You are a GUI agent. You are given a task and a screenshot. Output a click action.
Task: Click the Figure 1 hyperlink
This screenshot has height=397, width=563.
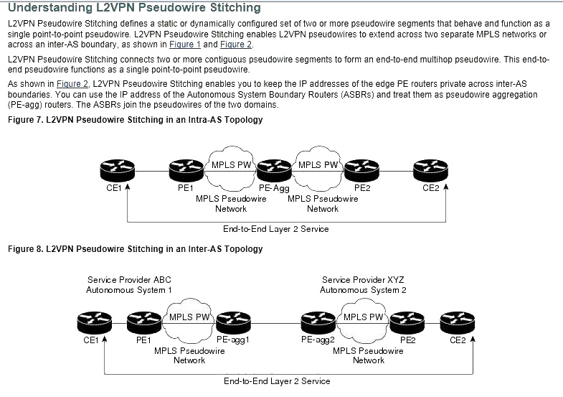point(185,45)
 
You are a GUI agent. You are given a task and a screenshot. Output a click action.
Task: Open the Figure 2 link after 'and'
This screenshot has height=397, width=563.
point(236,45)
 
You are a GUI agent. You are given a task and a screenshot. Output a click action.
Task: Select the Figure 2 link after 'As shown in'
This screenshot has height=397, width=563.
point(72,84)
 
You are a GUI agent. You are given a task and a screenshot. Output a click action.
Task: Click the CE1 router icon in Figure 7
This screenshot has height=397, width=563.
point(118,170)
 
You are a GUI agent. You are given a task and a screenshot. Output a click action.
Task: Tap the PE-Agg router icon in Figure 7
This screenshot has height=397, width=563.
point(274,170)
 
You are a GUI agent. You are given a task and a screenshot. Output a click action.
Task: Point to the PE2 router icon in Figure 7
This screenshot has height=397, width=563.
point(361,170)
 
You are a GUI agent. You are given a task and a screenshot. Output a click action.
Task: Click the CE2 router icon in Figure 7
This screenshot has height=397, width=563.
point(430,170)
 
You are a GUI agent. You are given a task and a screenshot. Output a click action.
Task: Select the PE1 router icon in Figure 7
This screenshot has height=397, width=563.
point(186,170)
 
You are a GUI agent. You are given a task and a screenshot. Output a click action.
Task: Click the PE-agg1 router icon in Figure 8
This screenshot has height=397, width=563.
point(233,322)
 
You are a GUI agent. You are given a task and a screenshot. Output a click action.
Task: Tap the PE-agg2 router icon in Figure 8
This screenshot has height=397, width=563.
point(318,322)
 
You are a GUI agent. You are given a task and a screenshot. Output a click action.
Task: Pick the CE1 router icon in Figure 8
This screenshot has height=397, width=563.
point(95,322)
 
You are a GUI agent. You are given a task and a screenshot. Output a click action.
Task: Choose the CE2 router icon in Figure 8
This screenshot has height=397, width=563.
point(458,322)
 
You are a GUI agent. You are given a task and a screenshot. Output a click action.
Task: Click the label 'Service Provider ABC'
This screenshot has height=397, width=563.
point(129,279)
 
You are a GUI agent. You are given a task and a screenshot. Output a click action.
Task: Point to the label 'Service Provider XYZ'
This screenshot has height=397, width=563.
point(363,279)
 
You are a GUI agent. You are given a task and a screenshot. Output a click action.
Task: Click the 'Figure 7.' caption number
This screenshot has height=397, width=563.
point(26,120)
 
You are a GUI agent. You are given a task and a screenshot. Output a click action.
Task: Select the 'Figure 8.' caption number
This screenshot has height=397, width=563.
point(26,249)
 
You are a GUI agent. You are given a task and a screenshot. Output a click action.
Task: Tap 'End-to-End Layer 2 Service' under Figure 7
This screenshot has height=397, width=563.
point(275,229)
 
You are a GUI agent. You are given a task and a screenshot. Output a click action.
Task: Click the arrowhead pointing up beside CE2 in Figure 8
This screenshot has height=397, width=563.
point(473,338)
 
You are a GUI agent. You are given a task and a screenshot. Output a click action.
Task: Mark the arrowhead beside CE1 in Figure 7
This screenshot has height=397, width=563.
point(127,187)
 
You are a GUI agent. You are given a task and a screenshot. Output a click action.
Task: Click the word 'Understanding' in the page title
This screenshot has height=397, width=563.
point(50,8)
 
